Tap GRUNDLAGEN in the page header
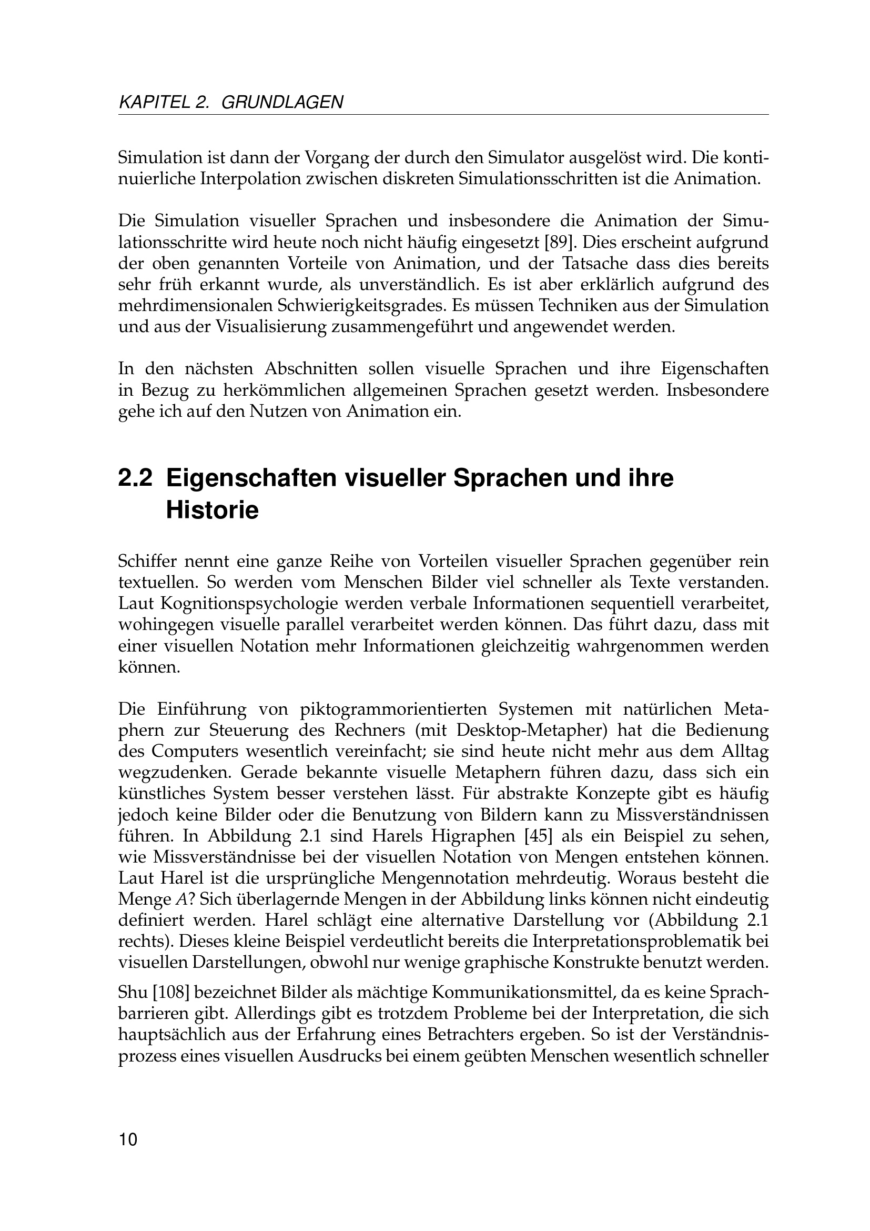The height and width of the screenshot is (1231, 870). [282, 102]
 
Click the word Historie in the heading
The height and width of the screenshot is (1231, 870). [212, 510]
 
